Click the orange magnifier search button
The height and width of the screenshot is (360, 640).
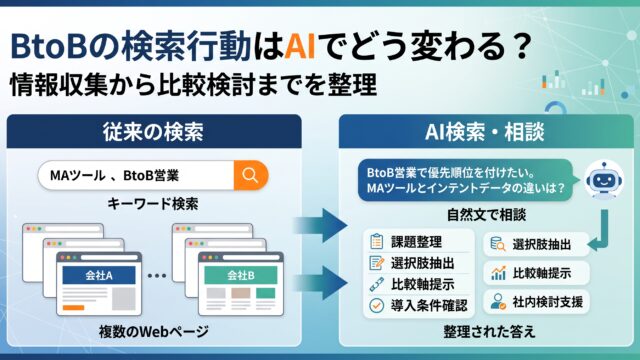click(x=251, y=176)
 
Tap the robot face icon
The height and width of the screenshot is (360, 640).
click(x=604, y=179)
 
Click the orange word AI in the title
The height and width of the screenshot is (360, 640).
click(x=300, y=46)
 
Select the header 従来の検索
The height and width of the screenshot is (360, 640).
click(x=153, y=132)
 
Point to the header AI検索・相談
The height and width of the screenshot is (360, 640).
click(x=484, y=132)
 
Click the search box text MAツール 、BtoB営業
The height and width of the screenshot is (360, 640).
click(x=114, y=176)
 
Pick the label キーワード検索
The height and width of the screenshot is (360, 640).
click(x=153, y=204)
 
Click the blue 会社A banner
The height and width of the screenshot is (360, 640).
click(x=99, y=276)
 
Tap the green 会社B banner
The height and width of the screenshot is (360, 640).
click(x=241, y=276)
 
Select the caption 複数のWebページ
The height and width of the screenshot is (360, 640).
click(x=153, y=331)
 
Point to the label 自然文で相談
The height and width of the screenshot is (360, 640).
click(x=486, y=215)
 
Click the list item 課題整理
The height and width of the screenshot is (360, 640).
click(x=416, y=242)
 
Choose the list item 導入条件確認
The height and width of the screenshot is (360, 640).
click(x=429, y=305)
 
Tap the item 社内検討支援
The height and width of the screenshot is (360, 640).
click(x=547, y=302)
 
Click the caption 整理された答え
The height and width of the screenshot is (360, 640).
click(x=489, y=331)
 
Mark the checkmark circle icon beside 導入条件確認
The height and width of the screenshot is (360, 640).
click(x=376, y=305)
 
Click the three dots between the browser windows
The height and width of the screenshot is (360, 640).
click(x=157, y=276)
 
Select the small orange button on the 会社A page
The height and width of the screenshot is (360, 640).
click(x=73, y=308)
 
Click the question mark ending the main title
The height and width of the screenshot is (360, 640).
click(x=520, y=46)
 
